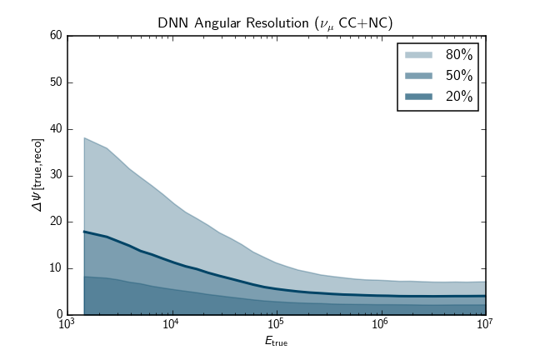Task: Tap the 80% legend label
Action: pos(459,55)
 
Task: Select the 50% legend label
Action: pos(459,76)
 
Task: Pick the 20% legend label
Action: pos(459,97)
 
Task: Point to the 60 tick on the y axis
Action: pos(56,36)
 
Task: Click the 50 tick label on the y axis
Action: pos(56,82)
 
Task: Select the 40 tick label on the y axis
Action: pos(56,129)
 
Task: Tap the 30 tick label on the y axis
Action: pos(56,176)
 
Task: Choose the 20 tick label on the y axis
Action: pos(56,222)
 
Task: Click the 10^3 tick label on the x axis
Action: pos(67,325)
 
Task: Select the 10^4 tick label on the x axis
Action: pos(172,325)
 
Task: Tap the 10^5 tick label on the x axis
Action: pos(276,325)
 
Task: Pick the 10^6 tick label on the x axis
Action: pos(380,325)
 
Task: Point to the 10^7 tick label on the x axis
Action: pos(484,325)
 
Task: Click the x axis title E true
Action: pos(276,341)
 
